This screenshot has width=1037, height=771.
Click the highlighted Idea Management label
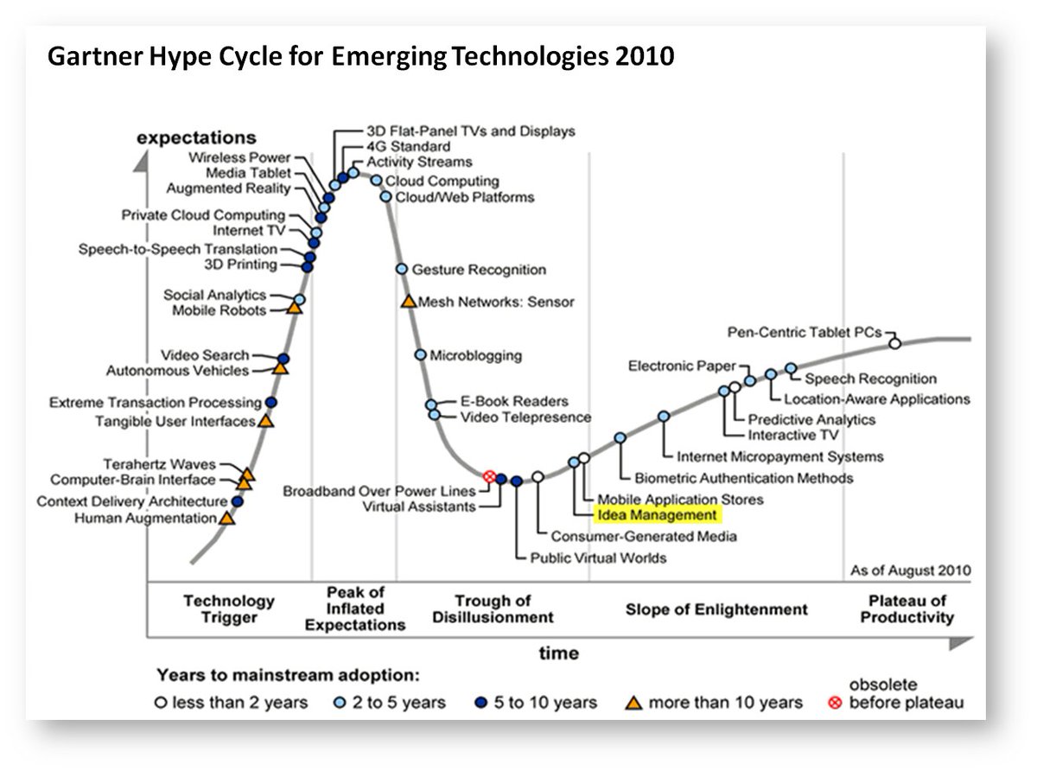click(x=657, y=515)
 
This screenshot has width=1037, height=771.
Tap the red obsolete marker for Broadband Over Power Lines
click(x=488, y=476)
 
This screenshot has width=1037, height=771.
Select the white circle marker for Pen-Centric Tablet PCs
click(x=895, y=343)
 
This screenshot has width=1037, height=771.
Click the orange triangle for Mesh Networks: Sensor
click(x=408, y=302)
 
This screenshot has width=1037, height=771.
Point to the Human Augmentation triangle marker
click(x=226, y=519)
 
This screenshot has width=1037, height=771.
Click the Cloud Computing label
click(x=442, y=182)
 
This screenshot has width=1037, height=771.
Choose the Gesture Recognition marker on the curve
click(x=402, y=269)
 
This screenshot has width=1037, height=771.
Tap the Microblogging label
click(x=475, y=355)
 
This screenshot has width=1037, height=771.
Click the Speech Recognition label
click(x=870, y=379)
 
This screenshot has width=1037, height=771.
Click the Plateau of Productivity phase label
click(x=907, y=609)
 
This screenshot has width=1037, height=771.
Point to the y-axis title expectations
click(x=196, y=138)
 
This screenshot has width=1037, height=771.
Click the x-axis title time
click(x=559, y=653)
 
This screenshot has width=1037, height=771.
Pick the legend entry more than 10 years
click(x=725, y=702)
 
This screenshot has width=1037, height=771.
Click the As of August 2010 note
click(x=910, y=570)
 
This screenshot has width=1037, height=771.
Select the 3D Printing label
click(x=240, y=264)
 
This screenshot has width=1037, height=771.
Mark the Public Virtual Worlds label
click(x=598, y=558)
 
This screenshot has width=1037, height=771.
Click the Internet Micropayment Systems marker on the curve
click(x=664, y=417)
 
